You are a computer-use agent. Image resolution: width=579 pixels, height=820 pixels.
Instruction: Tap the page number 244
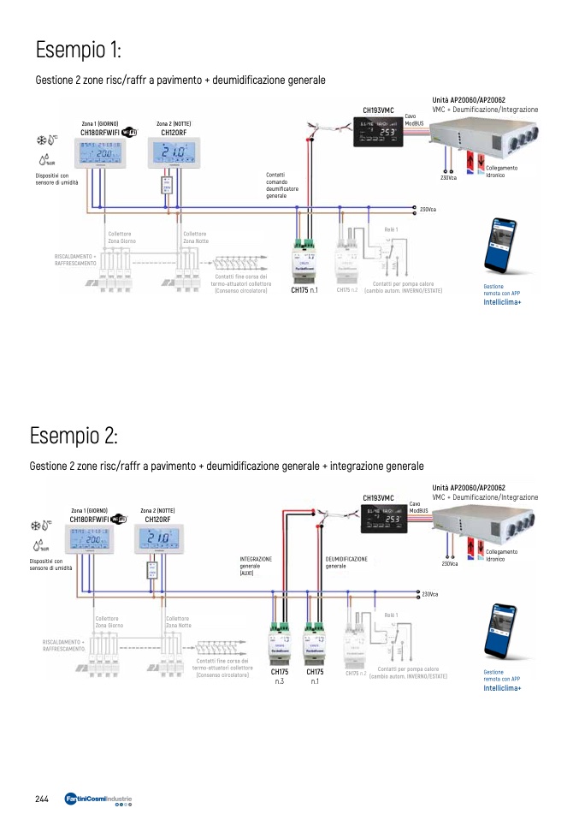[41, 799]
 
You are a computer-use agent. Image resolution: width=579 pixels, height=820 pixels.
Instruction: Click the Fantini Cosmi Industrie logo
[97, 799]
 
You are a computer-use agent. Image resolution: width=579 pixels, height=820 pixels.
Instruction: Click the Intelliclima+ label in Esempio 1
[502, 302]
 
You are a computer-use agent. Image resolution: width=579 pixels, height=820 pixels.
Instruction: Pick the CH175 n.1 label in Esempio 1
[304, 290]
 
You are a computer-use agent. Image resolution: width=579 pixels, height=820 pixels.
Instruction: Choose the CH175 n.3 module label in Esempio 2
[280, 676]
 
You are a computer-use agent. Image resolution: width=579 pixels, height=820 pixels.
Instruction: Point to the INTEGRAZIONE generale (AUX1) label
[255, 565]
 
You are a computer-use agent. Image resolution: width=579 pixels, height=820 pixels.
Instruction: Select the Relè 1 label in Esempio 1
[391, 229]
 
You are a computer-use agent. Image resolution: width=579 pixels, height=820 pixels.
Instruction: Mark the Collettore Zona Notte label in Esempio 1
[195, 237]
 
